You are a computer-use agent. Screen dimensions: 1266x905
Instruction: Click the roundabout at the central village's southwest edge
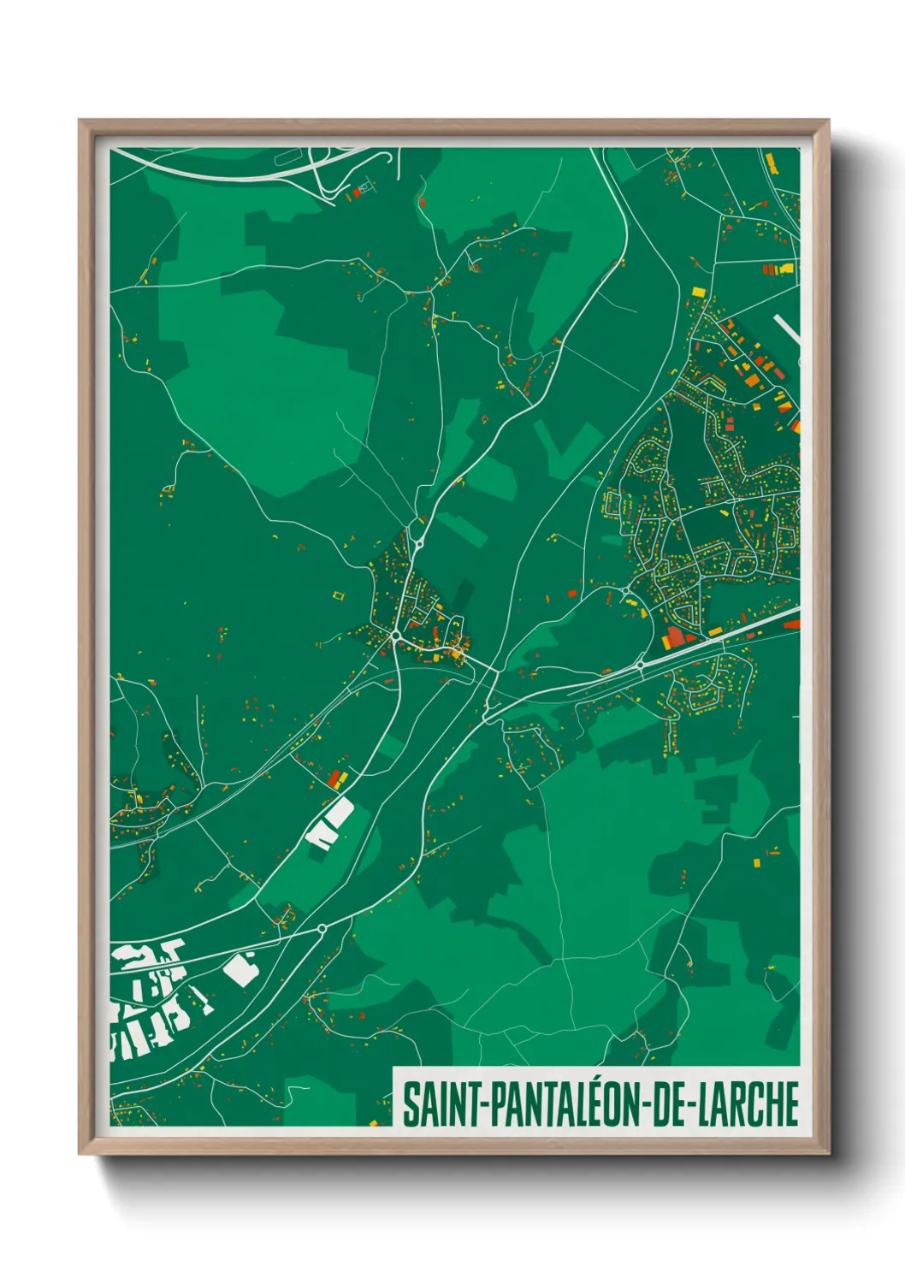[396, 635]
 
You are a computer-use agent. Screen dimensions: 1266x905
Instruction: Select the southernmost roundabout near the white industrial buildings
[322, 928]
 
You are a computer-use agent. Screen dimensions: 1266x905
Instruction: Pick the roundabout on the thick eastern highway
[640, 665]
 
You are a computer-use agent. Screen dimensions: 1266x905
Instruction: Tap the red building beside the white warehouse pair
[335, 778]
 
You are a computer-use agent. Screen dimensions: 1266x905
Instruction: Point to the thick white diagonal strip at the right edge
[787, 330]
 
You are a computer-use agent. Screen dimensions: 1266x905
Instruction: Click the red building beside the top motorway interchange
[357, 194]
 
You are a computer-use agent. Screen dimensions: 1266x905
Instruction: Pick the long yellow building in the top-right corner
[769, 162]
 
